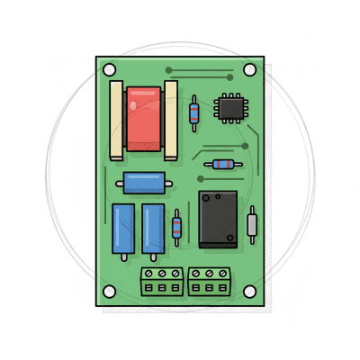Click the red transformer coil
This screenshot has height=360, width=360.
click(x=143, y=119)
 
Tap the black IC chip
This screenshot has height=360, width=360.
click(x=229, y=108)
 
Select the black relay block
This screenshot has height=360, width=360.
click(x=218, y=219)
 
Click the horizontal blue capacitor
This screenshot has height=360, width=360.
click(x=144, y=183)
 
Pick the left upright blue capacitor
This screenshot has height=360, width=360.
click(x=123, y=229)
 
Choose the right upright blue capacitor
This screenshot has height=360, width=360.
click(x=153, y=229)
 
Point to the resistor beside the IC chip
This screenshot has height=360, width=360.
click(x=194, y=112)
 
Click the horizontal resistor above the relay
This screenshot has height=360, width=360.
click(x=222, y=165)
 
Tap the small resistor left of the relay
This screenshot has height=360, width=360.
click(x=176, y=227)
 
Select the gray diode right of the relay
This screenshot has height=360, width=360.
click(x=253, y=224)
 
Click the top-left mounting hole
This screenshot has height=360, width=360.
click(x=109, y=69)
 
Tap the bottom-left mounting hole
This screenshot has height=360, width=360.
click(x=109, y=292)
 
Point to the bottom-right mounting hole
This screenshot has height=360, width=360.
click(x=250, y=292)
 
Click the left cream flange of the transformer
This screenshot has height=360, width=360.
click(x=116, y=120)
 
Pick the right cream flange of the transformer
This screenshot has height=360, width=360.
click(x=171, y=120)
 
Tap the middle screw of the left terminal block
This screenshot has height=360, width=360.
click(x=162, y=273)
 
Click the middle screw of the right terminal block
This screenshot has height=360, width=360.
click(x=210, y=273)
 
